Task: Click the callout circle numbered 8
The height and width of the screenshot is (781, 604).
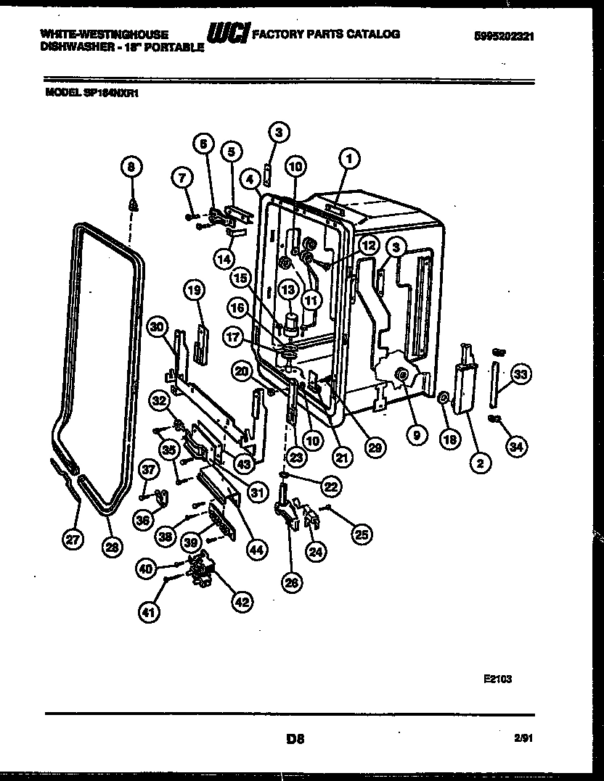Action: (x=131, y=168)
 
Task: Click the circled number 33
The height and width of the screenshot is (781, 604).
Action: (x=520, y=373)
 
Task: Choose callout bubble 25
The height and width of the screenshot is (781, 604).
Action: (x=360, y=535)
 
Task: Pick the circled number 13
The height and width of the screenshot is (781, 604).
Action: (x=289, y=289)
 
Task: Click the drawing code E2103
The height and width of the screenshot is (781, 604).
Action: (x=497, y=679)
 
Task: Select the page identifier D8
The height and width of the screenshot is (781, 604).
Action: (x=294, y=740)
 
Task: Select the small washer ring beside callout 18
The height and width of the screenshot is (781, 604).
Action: (x=443, y=397)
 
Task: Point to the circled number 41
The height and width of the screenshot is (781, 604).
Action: (x=149, y=613)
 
